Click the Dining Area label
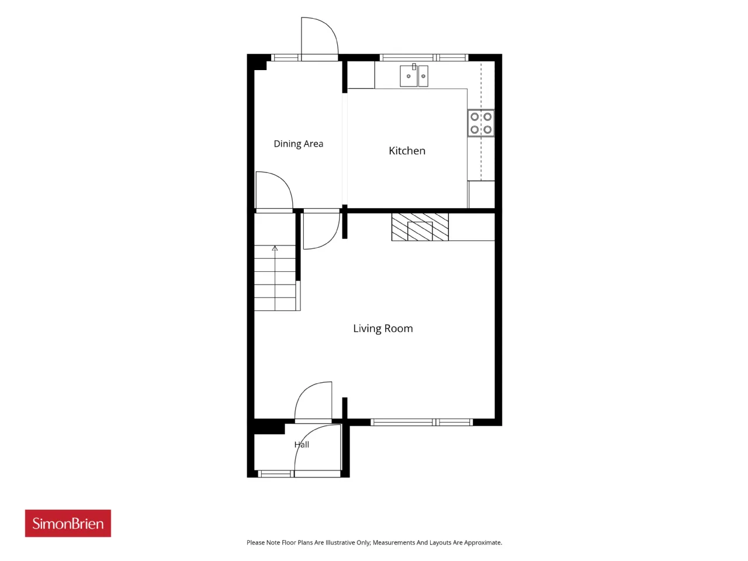click(x=298, y=144)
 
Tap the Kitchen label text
click(x=407, y=151)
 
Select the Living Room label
click(x=383, y=328)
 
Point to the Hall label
click(x=302, y=444)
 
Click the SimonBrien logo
click(x=68, y=523)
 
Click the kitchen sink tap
click(x=414, y=67)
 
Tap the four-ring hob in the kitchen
click(x=481, y=123)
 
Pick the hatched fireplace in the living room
click(x=420, y=227)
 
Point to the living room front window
click(x=421, y=423)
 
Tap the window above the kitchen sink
click(x=424, y=58)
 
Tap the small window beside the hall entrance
click(x=275, y=474)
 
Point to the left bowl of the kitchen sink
click(x=408, y=77)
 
